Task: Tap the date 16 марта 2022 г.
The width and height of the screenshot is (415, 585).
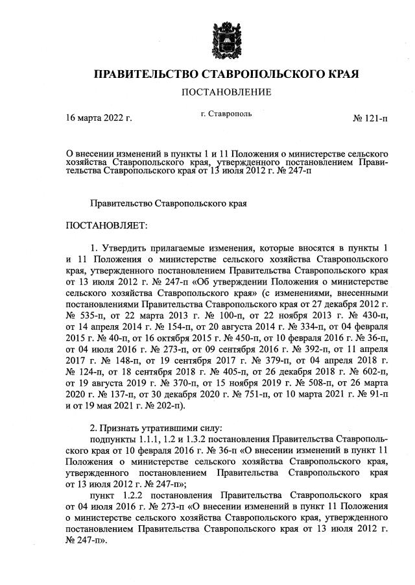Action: pos(99,118)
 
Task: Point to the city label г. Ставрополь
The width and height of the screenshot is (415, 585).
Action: pos(226,114)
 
